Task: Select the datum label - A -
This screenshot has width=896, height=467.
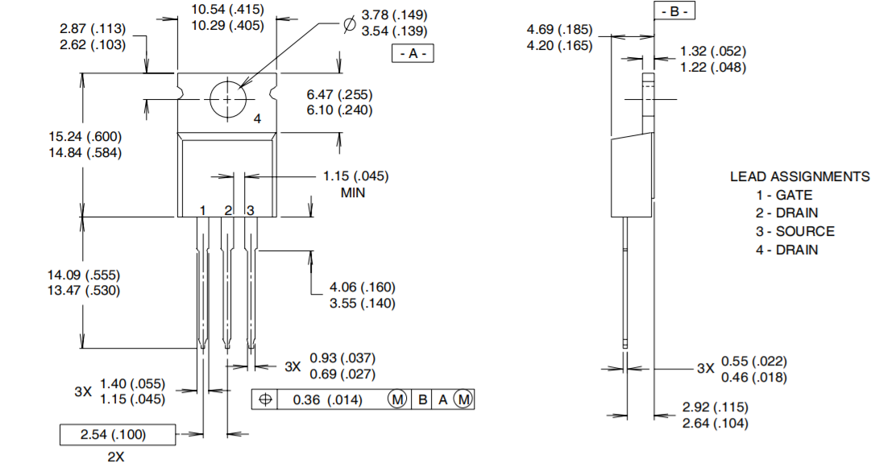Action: pos(413,54)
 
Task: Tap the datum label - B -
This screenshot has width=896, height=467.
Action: pos(673,11)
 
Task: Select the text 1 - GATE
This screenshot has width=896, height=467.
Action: pos(784,195)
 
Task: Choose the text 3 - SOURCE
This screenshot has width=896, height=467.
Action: pos(794,231)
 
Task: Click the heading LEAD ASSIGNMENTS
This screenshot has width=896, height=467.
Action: pos(799,176)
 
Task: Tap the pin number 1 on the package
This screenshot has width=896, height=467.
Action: pos(203,210)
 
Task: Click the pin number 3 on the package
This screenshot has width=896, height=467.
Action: pos(250,210)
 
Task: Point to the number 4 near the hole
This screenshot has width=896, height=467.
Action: pos(257,119)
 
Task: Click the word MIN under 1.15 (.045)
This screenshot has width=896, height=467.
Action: pos(353,193)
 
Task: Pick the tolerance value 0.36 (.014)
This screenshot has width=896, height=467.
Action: pos(327,399)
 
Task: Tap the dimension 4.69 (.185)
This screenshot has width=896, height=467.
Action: pos(559,29)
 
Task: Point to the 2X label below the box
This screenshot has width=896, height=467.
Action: pos(116,457)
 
